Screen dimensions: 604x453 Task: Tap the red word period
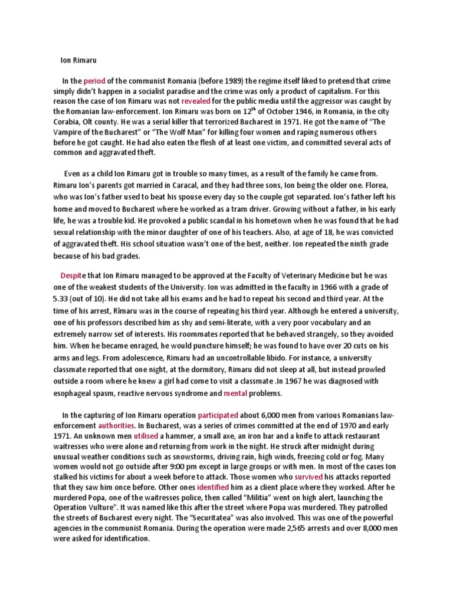point(94,81)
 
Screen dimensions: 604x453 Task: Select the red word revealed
point(200,101)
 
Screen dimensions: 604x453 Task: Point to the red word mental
point(235,393)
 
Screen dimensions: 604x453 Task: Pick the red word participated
point(218,415)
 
